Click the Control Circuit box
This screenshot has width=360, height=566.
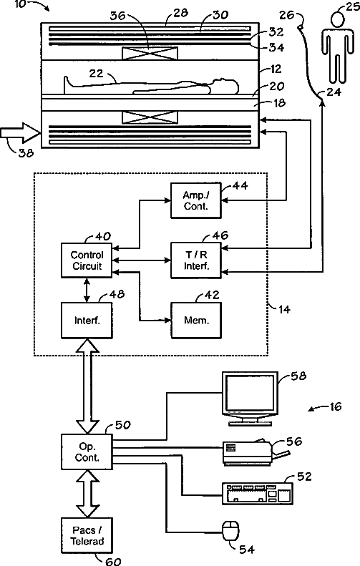coord(87,260)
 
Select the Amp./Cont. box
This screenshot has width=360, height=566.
coord(195,200)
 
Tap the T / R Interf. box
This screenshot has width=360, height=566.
coord(195,260)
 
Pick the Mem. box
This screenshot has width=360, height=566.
coord(195,320)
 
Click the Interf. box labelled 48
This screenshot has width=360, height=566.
coord(87,320)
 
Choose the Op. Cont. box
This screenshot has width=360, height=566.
coord(87,452)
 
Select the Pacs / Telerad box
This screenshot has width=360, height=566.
coord(87,536)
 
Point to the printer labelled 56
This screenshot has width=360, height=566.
coord(256,452)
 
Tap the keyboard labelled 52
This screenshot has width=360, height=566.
coord(257,494)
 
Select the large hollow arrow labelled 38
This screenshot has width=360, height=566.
coord(21,133)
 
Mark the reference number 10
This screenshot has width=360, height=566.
coord(20,5)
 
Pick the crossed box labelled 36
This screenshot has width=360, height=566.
coord(150,54)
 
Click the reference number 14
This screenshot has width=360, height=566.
coord(285,309)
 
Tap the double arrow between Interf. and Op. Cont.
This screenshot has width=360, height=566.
coord(87,386)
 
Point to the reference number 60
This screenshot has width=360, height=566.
coord(113,560)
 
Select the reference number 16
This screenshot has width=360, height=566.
coord(336,407)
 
